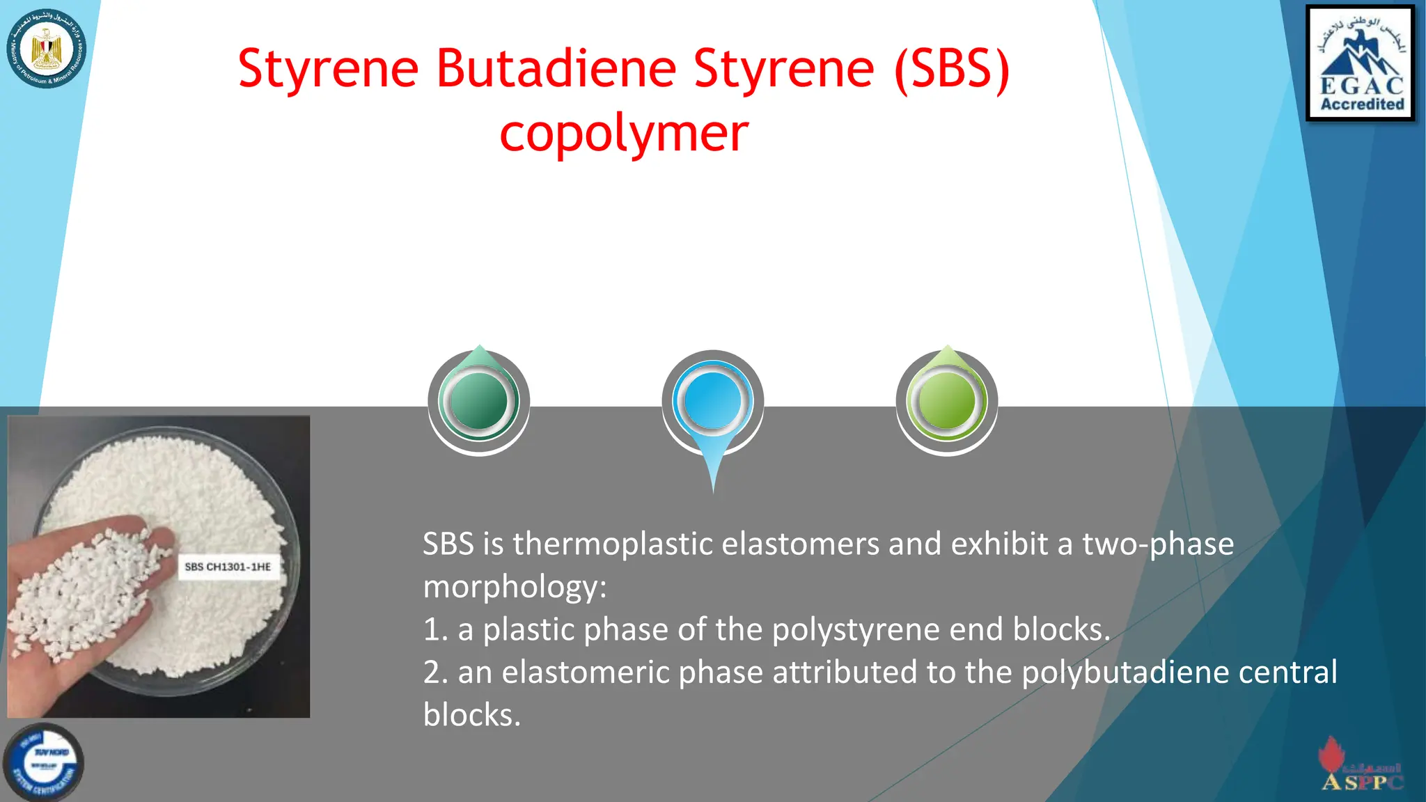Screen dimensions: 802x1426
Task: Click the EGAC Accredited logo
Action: point(1361,63)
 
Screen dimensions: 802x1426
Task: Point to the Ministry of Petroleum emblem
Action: point(47,49)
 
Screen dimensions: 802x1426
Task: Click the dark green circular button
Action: point(479,401)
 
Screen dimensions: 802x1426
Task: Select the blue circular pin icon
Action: point(712,402)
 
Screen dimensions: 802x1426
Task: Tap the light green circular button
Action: point(946,401)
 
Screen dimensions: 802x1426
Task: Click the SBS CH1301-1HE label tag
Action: point(228,567)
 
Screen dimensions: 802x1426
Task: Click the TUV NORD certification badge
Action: point(44,762)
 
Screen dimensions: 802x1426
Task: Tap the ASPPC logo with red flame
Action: point(1361,766)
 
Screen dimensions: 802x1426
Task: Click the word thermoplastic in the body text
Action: point(613,544)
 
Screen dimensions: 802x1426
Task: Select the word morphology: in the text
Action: point(515,587)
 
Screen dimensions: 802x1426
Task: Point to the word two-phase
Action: point(1157,544)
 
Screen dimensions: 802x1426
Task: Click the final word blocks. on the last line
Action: point(471,715)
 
